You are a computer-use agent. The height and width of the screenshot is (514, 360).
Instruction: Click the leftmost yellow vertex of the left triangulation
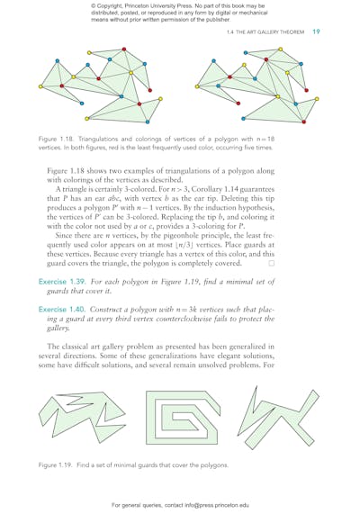pos(41,87)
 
